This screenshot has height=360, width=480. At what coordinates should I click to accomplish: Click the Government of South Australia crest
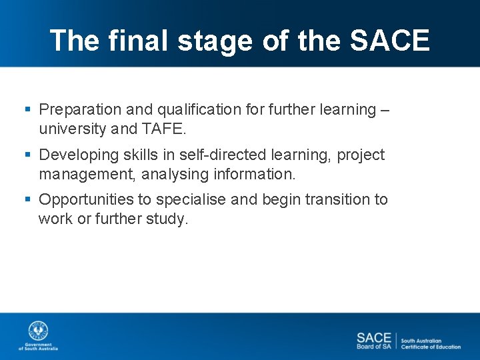pyautogui.click(x=38, y=331)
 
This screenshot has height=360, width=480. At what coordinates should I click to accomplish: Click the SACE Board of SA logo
pyautogui.click(x=373, y=341)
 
